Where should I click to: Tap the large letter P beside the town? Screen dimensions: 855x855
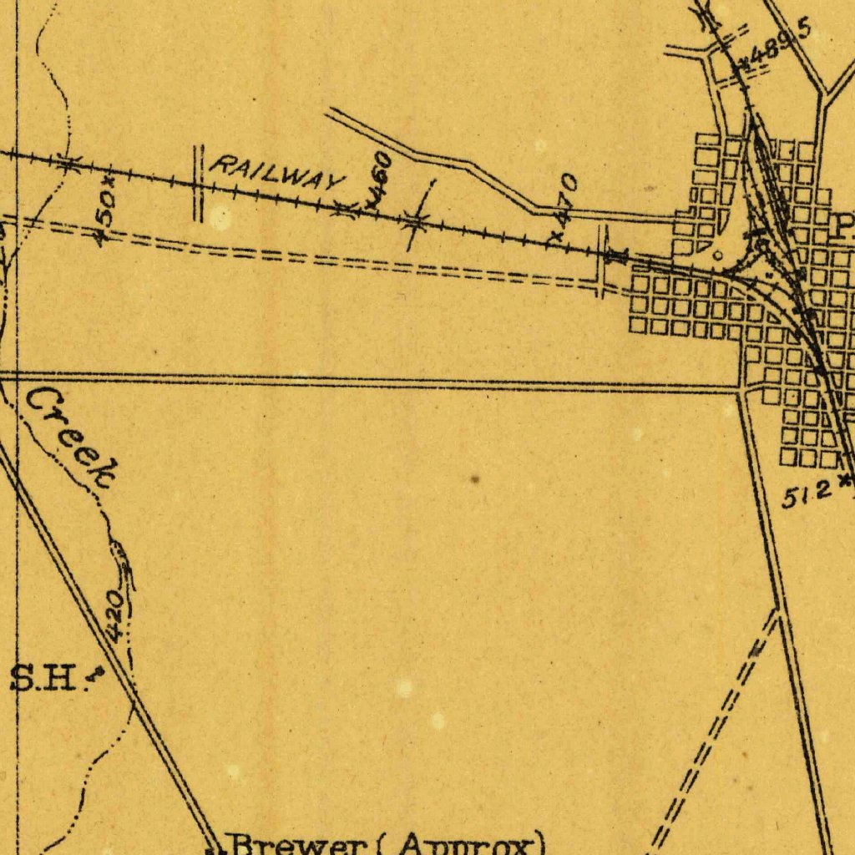click(845, 225)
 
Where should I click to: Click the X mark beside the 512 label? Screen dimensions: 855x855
click(844, 481)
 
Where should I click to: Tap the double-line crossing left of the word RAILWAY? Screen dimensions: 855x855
click(199, 184)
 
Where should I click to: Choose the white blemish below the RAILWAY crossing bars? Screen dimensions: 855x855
click(220, 219)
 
